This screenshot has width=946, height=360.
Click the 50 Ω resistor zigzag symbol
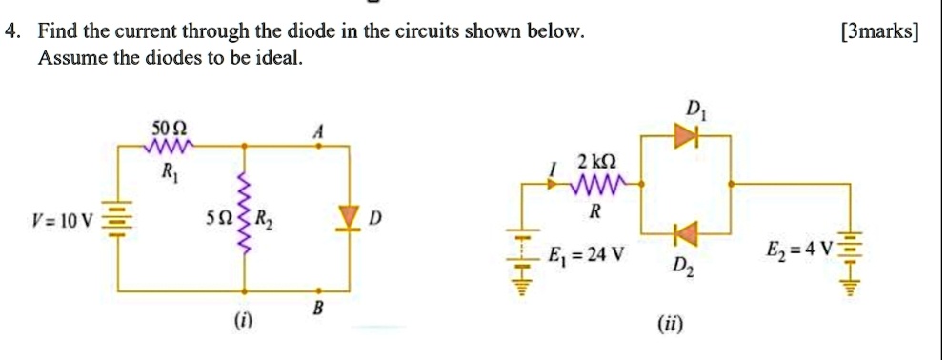pyautogui.click(x=169, y=146)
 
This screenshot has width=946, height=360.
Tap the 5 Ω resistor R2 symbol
pyautogui.click(x=246, y=217)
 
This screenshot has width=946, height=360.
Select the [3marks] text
pyautogui.click(x=879, y=32)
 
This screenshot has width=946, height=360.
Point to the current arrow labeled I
pyautogui.click(x=555, y=184)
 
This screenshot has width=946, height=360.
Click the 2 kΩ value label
pyautogui.click(x=597, y=161)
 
